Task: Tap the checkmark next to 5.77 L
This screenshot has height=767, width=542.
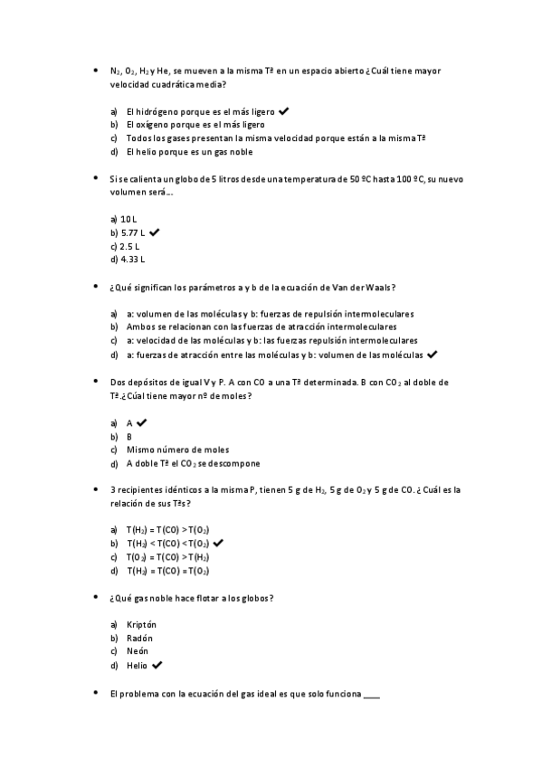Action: pos(155,232)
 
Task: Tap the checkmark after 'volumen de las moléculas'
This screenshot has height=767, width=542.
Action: pos(432,354)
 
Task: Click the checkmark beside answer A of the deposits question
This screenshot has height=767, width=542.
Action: pos(142,422)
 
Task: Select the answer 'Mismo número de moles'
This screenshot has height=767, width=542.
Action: pos(165,450)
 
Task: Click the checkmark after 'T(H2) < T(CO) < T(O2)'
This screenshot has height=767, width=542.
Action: pos(218,544)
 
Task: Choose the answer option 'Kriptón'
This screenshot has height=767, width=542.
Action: pos(141,624)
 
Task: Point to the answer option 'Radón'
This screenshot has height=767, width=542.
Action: pos(139,638)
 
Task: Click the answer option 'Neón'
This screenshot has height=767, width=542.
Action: pos(138,651)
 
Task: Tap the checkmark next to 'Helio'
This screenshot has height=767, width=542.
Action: pos(157,665)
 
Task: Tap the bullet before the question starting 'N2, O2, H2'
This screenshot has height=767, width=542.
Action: pos(96,70)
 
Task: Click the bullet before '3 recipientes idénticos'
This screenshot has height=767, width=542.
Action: pos(96,489)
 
